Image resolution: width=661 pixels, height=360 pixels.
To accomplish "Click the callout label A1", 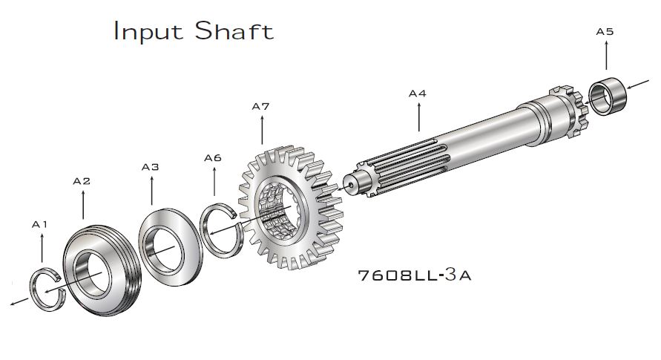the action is [39, 225].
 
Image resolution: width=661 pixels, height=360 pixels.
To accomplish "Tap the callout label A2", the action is [82, 181].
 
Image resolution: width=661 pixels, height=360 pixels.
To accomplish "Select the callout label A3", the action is [151, 167].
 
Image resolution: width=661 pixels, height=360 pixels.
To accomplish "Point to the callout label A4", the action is [418, 94].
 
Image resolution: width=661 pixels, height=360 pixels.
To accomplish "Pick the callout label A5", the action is [605, 32].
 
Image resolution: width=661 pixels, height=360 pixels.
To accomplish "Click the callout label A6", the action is [213, 158].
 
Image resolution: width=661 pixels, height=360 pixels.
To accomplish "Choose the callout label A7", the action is [260, 107].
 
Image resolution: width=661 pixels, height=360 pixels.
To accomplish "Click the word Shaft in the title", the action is [234, 30].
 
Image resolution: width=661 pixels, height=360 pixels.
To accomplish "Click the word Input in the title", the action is [148, 32].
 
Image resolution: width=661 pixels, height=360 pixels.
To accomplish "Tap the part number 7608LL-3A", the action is [415, 275].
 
